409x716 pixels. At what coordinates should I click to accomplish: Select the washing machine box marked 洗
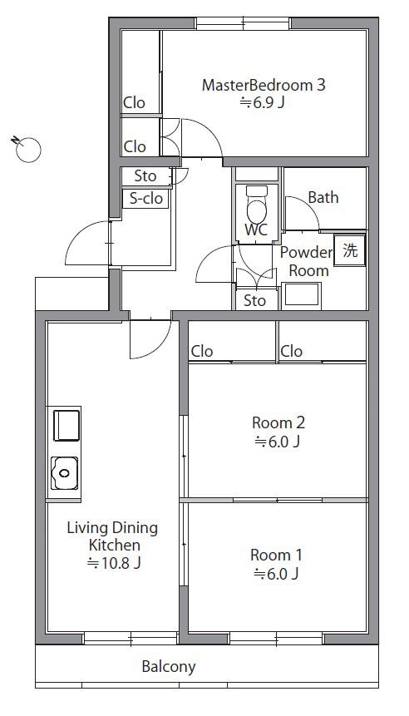point(350,249)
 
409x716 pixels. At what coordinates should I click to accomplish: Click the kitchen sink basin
point(64,473)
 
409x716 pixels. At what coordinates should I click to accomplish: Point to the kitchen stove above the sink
point(67,425)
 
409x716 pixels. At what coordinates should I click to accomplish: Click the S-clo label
point(146,199)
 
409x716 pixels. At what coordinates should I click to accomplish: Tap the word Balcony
point(169,667)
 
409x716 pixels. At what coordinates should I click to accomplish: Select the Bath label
point(323,197)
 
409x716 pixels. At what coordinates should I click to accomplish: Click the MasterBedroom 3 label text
point(264,85)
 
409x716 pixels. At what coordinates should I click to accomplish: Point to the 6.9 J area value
point(263,103)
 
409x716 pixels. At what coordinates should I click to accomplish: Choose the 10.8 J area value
point(114,563)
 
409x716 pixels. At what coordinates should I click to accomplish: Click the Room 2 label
point(278,422)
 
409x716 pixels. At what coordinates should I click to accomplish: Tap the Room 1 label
point(276,556)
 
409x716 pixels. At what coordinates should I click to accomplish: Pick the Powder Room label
point(306,261)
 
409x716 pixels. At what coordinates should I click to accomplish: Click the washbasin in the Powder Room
point(301,294)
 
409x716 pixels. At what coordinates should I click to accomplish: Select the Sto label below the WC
point(254,300)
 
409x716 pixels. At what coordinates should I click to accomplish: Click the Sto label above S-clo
point(145,175)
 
